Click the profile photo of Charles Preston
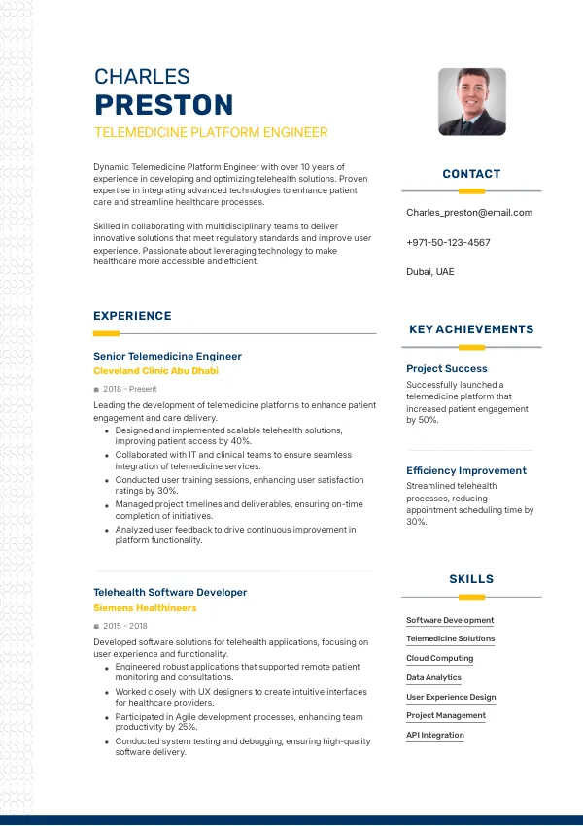coord(472,101)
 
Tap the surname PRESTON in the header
coord(163,105)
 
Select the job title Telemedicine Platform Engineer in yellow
coord(211,132)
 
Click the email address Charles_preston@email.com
coord(469,212)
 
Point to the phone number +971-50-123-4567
coord(448,242)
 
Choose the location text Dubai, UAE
coord(429,272)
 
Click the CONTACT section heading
coord(471,174)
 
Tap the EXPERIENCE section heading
coord(132,316)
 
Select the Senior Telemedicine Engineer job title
coord(167,356)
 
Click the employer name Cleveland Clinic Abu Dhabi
coord(155,371)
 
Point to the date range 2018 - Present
coord(129,389)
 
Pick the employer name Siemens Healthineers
coord(145,608)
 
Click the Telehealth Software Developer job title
coord(170,592)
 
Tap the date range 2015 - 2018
coord(125,626)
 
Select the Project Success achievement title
coord(447,368)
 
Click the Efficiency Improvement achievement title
coord(466,470)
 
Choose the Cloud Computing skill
coord(440,658)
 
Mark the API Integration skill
coord(435,735)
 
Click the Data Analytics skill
coord(433,677)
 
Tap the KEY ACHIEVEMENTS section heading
coord(471,329)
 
